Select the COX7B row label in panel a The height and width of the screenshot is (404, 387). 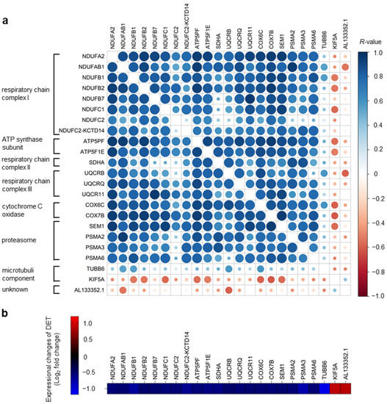coord(93,215)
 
